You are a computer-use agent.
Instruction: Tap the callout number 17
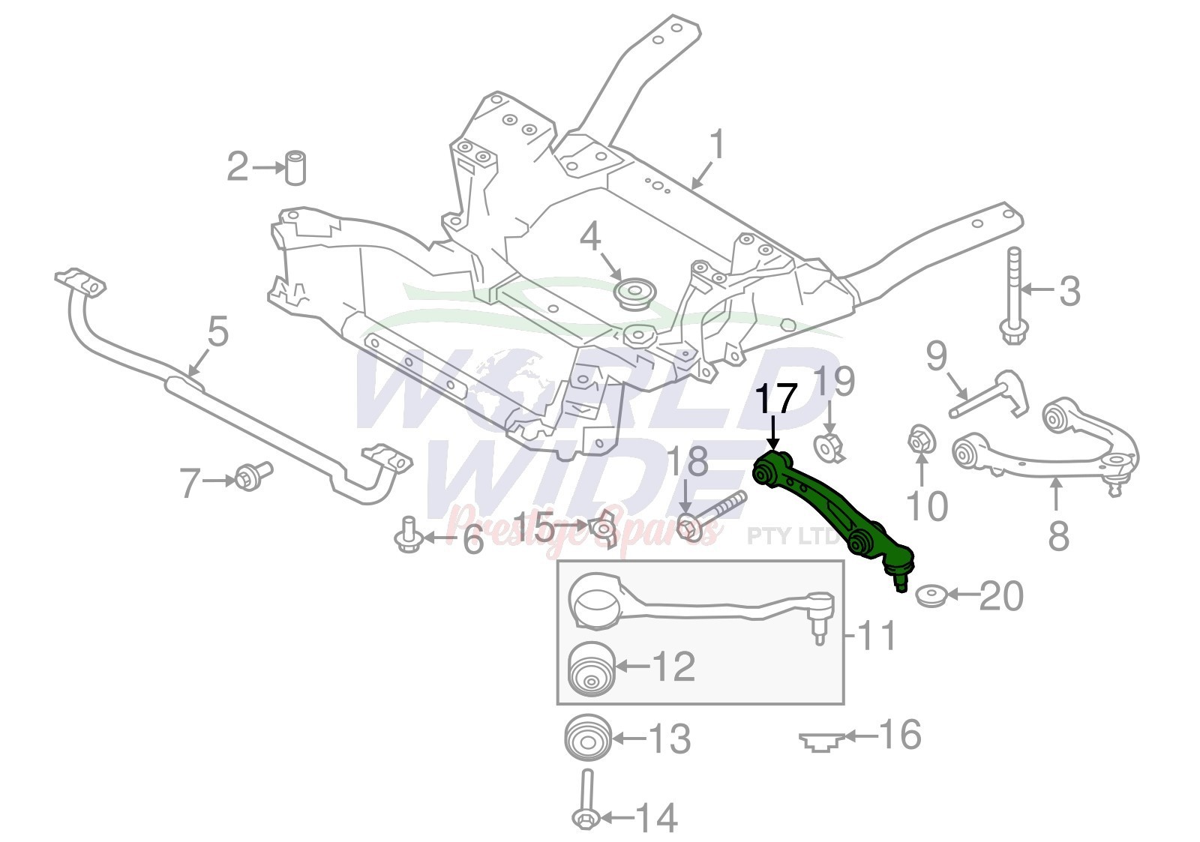click(775, 400)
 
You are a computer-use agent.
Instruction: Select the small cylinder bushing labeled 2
click(295, 168)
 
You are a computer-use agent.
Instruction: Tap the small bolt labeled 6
click(409, 534)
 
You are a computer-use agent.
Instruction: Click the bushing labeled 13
click(588, 739)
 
